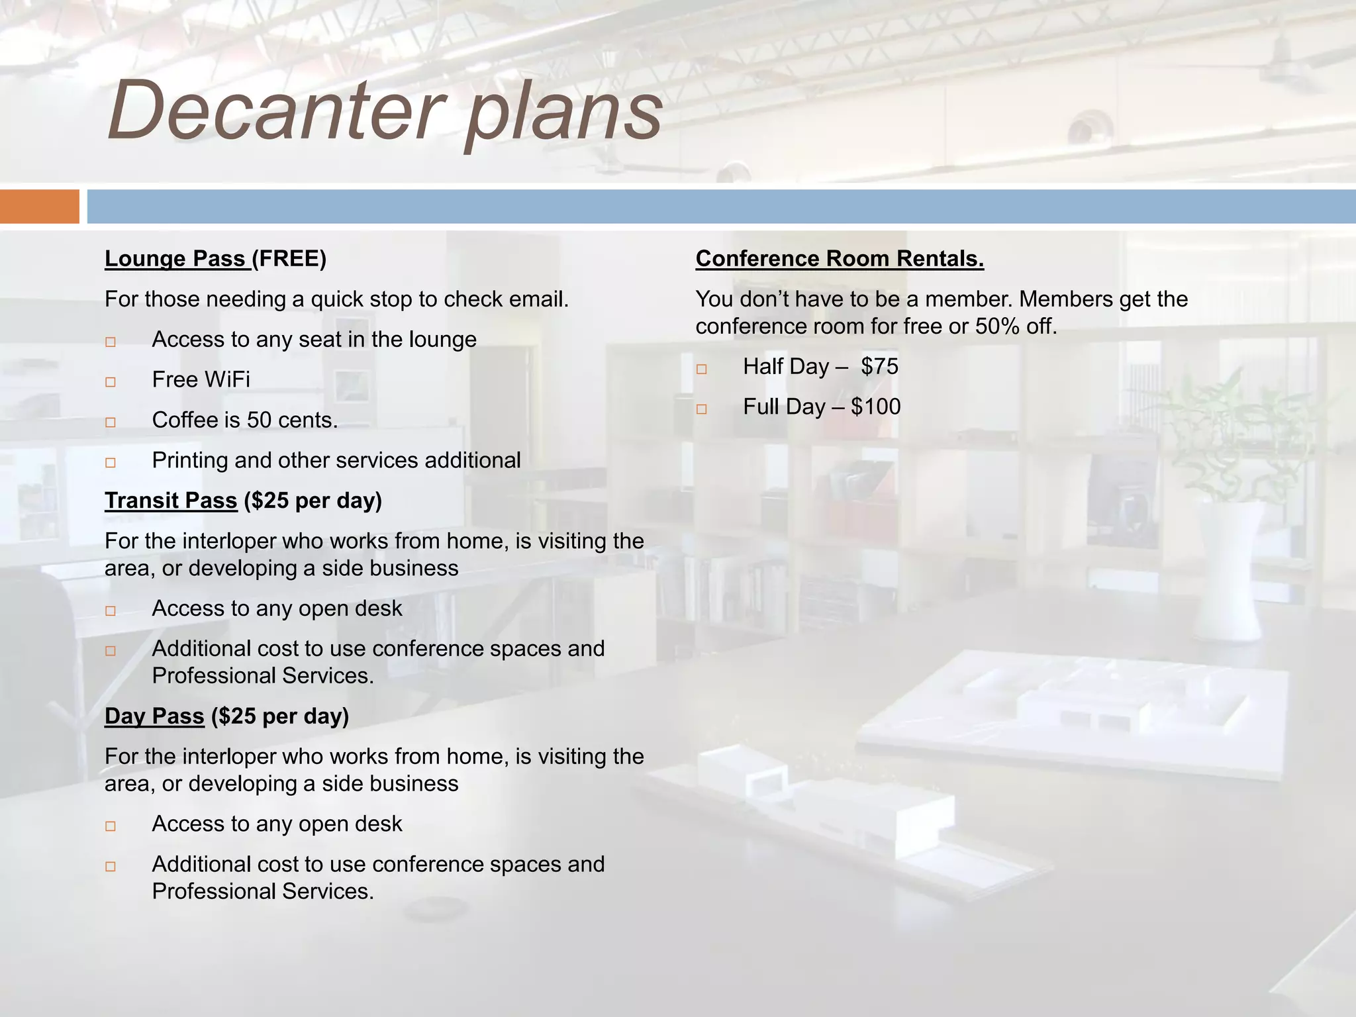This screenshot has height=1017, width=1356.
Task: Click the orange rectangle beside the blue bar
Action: pyautogui.click(x=39, y=207)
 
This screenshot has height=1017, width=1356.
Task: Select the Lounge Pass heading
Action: pyautogui.click(x=175, y=259)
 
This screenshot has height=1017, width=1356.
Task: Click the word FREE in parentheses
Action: pyautogui.click(x=289, y=259)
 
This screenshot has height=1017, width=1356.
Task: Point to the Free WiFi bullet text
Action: pyautogui.click(x=201, y=379)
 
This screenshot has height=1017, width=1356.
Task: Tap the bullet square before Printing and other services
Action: pyautogui.click(x=111, y=462)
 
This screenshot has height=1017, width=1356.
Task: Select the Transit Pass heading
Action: pyautogui.click(x=171, y=501)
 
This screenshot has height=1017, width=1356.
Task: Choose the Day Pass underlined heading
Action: pyautogui.click(x=154, y=716)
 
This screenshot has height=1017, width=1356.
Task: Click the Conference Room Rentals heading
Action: pyautogui.click(x=839, y=259)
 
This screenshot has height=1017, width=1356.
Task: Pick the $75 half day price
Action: pyautogui.click(x=879, y=366)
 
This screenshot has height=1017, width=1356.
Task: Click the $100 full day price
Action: pyautogui.click(x=875, y=407)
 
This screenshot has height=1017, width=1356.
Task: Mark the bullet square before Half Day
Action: pyautogui.click(x=702, y=369)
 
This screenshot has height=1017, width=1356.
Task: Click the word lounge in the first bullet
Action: pyautogui.click(x=442, y=340)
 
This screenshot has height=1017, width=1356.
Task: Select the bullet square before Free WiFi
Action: pyautogui.click(x=111, y=382)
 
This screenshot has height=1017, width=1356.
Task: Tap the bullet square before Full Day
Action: pyautogui.click(x=702, y=409)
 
